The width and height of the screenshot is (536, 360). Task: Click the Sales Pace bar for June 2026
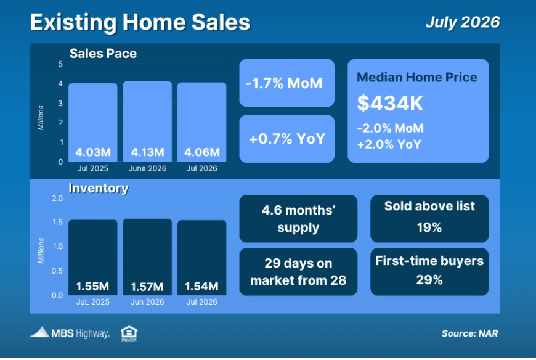coord(147,121)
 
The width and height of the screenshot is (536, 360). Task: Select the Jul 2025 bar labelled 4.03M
coord(93,122)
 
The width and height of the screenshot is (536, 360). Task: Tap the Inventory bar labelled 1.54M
coord(201,258)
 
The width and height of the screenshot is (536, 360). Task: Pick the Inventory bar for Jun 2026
coord(147,257)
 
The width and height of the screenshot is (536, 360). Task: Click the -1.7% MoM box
coord(287,83)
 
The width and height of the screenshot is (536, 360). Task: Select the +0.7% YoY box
coord(287,139)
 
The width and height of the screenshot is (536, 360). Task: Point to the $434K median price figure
coord(390,103)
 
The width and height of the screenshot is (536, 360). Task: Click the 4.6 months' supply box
coord(298,218)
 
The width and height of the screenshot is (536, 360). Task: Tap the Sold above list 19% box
coord(429,218)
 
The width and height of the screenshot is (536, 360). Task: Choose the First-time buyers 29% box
coord(429,271)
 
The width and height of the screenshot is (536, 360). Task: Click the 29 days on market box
coord(298,271)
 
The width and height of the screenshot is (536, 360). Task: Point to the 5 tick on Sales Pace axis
coord(60,64)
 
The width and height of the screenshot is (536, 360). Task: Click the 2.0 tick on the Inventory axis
coord(57,198)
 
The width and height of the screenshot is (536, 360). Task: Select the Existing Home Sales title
coord(140,22)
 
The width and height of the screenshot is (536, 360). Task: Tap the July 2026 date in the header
coord(463,22)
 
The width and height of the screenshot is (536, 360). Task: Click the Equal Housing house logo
coord(129,333)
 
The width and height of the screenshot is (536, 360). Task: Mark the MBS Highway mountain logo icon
coord(39,332)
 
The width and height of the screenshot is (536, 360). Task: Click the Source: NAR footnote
coord(469,333)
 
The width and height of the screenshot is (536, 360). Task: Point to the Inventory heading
coord(99,188)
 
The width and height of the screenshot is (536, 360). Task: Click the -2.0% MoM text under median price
coord(390,128)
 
